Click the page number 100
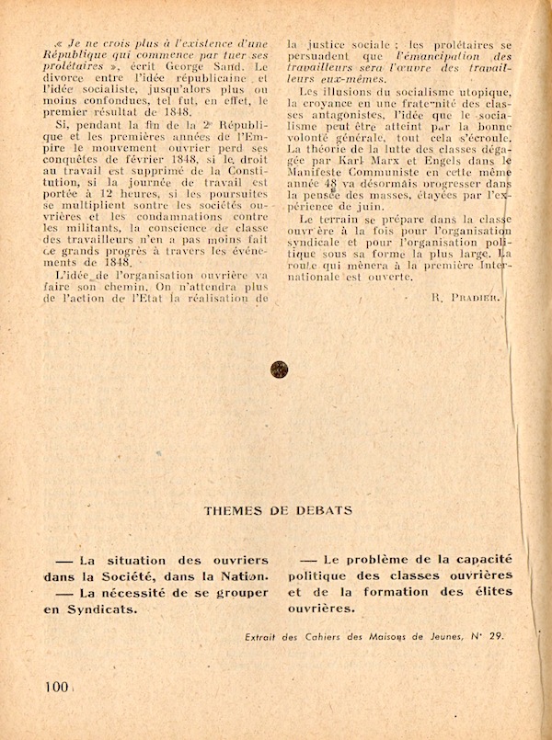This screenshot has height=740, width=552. point(55,687)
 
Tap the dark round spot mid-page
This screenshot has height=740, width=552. point(279,369)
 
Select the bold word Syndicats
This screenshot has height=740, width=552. point(105,608)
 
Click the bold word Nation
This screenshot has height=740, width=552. point(241,575)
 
